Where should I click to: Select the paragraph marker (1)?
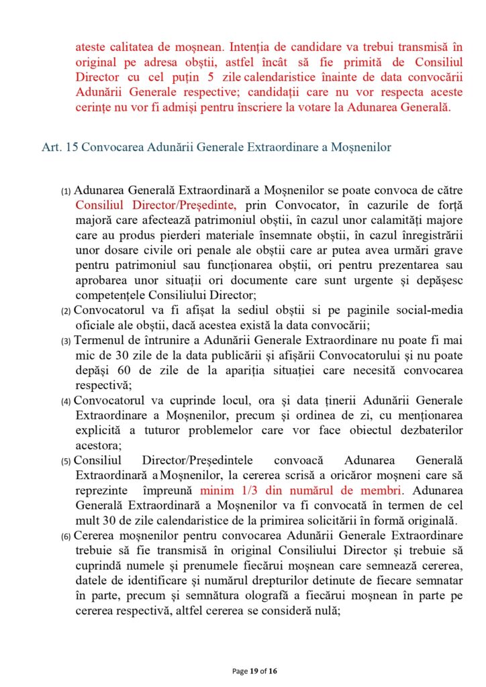66,191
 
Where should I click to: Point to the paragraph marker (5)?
66,462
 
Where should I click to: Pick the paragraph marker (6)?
66,537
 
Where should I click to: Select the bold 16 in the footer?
272,670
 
